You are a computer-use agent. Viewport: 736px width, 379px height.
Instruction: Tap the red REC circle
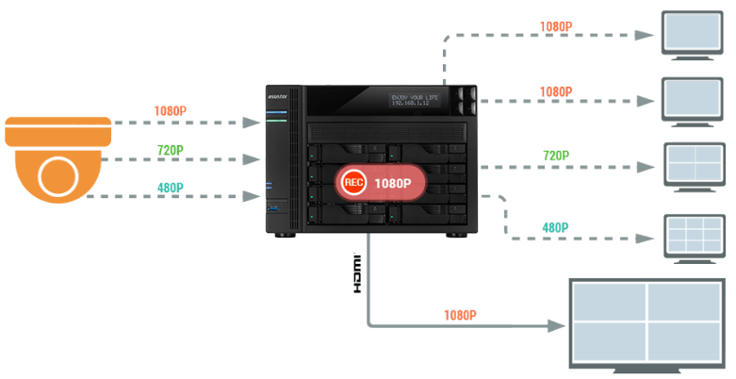pos(354,183)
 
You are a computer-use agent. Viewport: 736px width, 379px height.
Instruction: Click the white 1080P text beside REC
pos(393,183)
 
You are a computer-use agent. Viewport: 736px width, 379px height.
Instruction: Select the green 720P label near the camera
pos(170,149)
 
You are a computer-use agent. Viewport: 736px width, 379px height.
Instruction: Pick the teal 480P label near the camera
pos(170,186)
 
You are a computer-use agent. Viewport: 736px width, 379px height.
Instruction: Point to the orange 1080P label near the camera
pos(171,111)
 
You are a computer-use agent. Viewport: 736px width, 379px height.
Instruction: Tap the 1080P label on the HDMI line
pos(459,315)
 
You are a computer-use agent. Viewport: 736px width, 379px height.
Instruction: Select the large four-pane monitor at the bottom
pos(646,322)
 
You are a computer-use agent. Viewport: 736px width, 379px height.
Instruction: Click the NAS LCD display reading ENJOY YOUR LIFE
pos(417,100)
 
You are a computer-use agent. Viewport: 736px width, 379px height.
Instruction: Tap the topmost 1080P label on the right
pos(556,26)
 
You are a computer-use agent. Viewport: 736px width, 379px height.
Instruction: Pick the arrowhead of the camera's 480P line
pos(253,196)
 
